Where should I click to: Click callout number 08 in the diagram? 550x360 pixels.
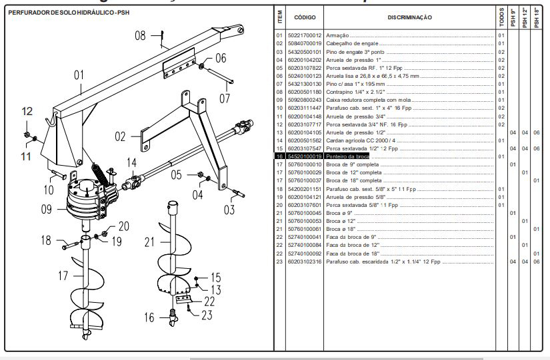[x=140, y=36]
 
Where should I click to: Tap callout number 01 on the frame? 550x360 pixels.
[x=79, y=75]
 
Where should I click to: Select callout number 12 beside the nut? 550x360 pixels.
[x=27, y=112]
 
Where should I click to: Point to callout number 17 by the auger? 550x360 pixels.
[x=64, y=275]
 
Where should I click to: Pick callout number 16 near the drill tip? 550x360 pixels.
[x=149, y=317]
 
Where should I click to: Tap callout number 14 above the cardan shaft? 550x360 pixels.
[x=132, y=162]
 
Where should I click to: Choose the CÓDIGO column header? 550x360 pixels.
[x=305, y=17]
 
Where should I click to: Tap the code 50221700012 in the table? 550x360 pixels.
[x=305, y=35]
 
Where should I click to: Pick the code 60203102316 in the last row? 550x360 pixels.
[x=305, y=262]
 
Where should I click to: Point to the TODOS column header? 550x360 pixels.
[x=501, y=17]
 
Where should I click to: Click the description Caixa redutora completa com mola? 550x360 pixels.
[x=369, y=100]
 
